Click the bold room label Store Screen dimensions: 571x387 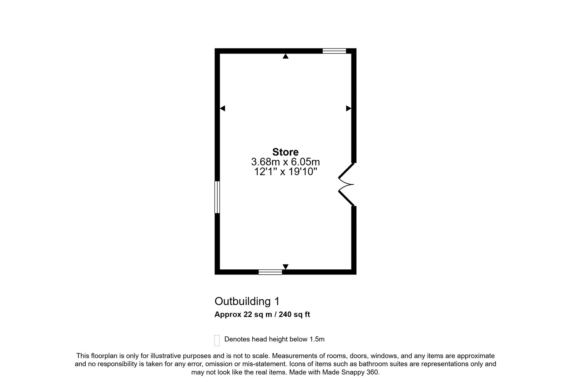pyautogui.click(x=285, y=152)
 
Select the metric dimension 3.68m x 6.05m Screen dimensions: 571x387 pyautogui.click(x=285, y=162)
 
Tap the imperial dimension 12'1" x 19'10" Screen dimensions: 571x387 pyautogui.click(x=285, y=172)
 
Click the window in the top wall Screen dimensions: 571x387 pyautogui.click(x=334, y=51)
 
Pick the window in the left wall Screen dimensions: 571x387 pyautogui.click(x=217, y=197)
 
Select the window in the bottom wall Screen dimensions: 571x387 pyautogui.click(x=270, y=272)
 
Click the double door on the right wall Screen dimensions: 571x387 pyautogui.click(x=347, y=184)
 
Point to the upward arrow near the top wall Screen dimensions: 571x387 pyautogui.click(x=285, y=56)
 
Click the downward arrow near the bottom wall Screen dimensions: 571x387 pyautogui.click(x=285, y=267)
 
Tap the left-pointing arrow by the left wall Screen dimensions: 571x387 pyautogui.click(x=222, y=108)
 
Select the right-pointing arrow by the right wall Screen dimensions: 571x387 pyautogui.click(x=348, y=108)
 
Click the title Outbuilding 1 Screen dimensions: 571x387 pyautogui.click(x=247, y=301)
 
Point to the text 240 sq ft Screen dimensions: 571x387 pyautogui.click(x=294, y=314)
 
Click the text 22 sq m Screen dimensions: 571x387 pyautogui.click(x=258, y=314)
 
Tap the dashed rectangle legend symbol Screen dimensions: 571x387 pyautogui.click(x=217, y=340)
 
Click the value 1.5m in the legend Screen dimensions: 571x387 pyautogui.click(x=317, y=339)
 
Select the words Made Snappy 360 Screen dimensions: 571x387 pyautogui.click(x=351, y=372)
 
